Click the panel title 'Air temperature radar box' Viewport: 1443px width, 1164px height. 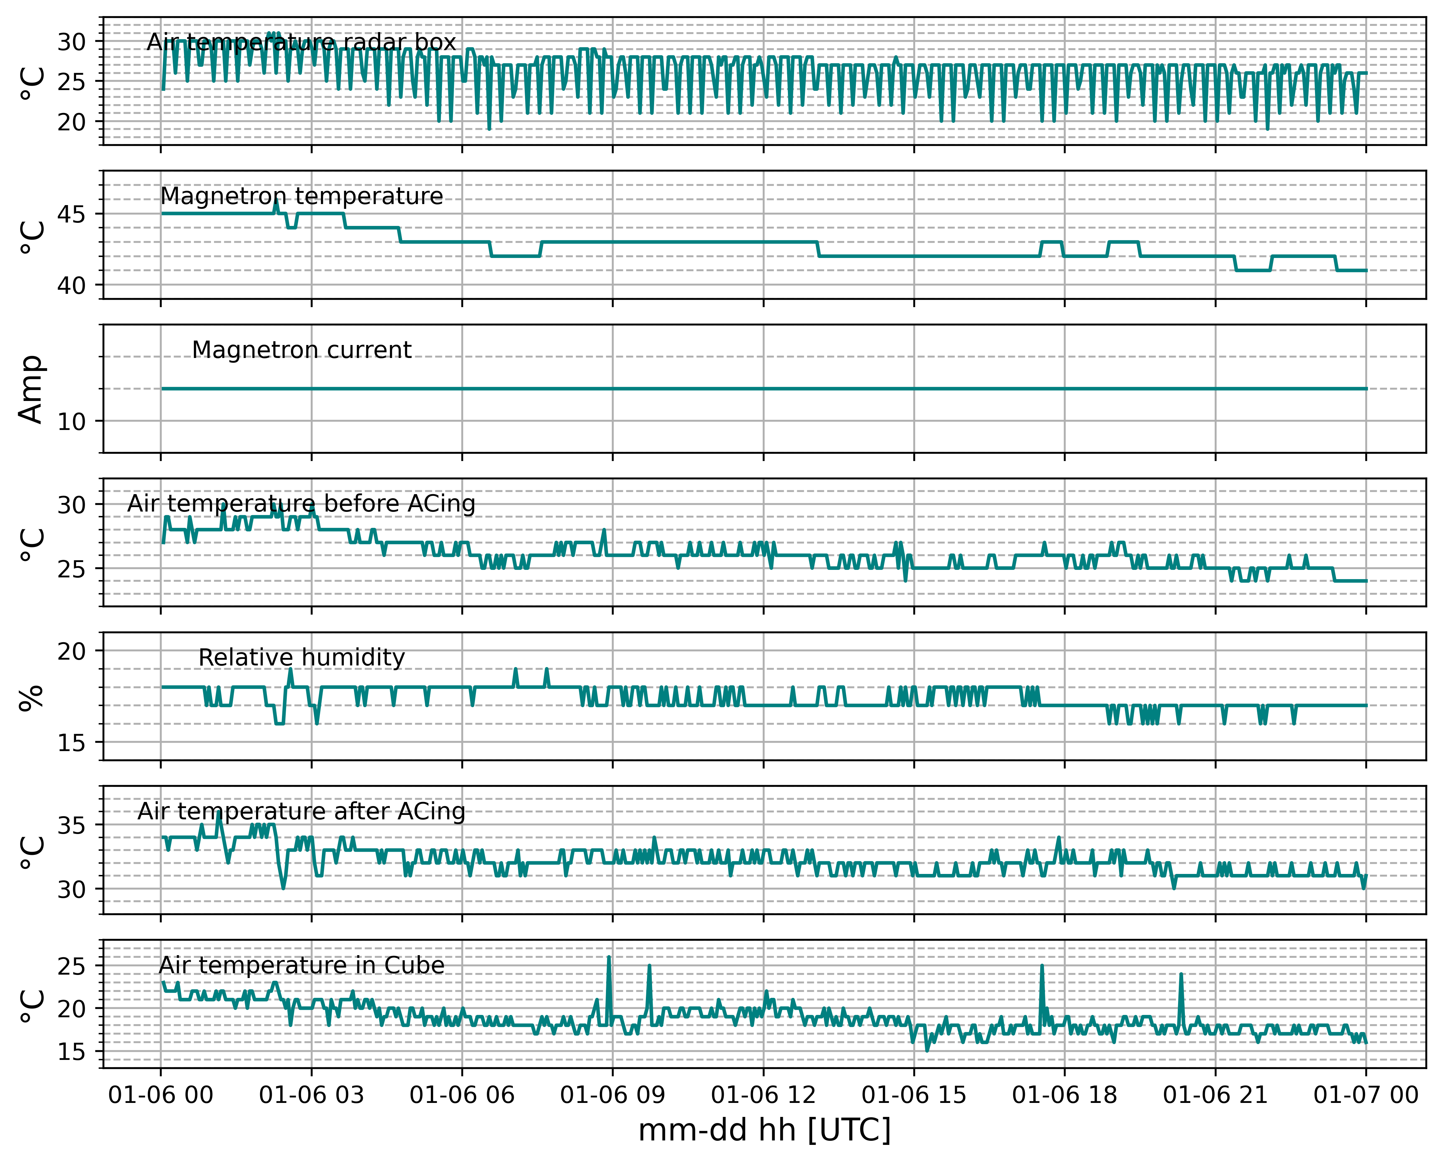pyautogui.click(x=301, y=42)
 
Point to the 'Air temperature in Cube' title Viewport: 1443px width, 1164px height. pyautogui.click(x=301, y=965)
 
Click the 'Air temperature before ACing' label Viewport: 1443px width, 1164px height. pyautogui.click(x=301, y=504)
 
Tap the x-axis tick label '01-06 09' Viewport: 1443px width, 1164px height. pyautogui.click(x=612, y=1095)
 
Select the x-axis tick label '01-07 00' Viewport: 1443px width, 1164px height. pyautogui.click(x=1366, y=1095)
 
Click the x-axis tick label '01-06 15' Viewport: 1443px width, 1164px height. pyautogui.click(x=914, y=1095)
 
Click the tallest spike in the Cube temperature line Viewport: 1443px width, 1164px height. pyautogui.click(x=608, y=957)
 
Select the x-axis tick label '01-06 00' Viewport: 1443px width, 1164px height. pyautogui.click(x=160, y=1095)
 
